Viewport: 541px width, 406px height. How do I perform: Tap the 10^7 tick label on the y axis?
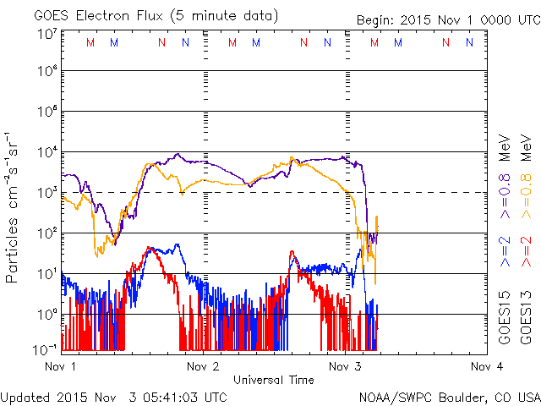tap(46, 34)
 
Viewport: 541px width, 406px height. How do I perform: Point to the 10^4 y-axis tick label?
tap(46, 152)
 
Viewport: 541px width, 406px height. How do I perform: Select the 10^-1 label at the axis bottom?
tap(46, 348)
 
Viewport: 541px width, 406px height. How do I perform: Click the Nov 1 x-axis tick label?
tap(59, 366)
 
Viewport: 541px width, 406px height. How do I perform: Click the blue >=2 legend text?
tap(504, 253)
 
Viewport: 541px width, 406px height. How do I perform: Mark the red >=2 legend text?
tap(527, 253)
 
